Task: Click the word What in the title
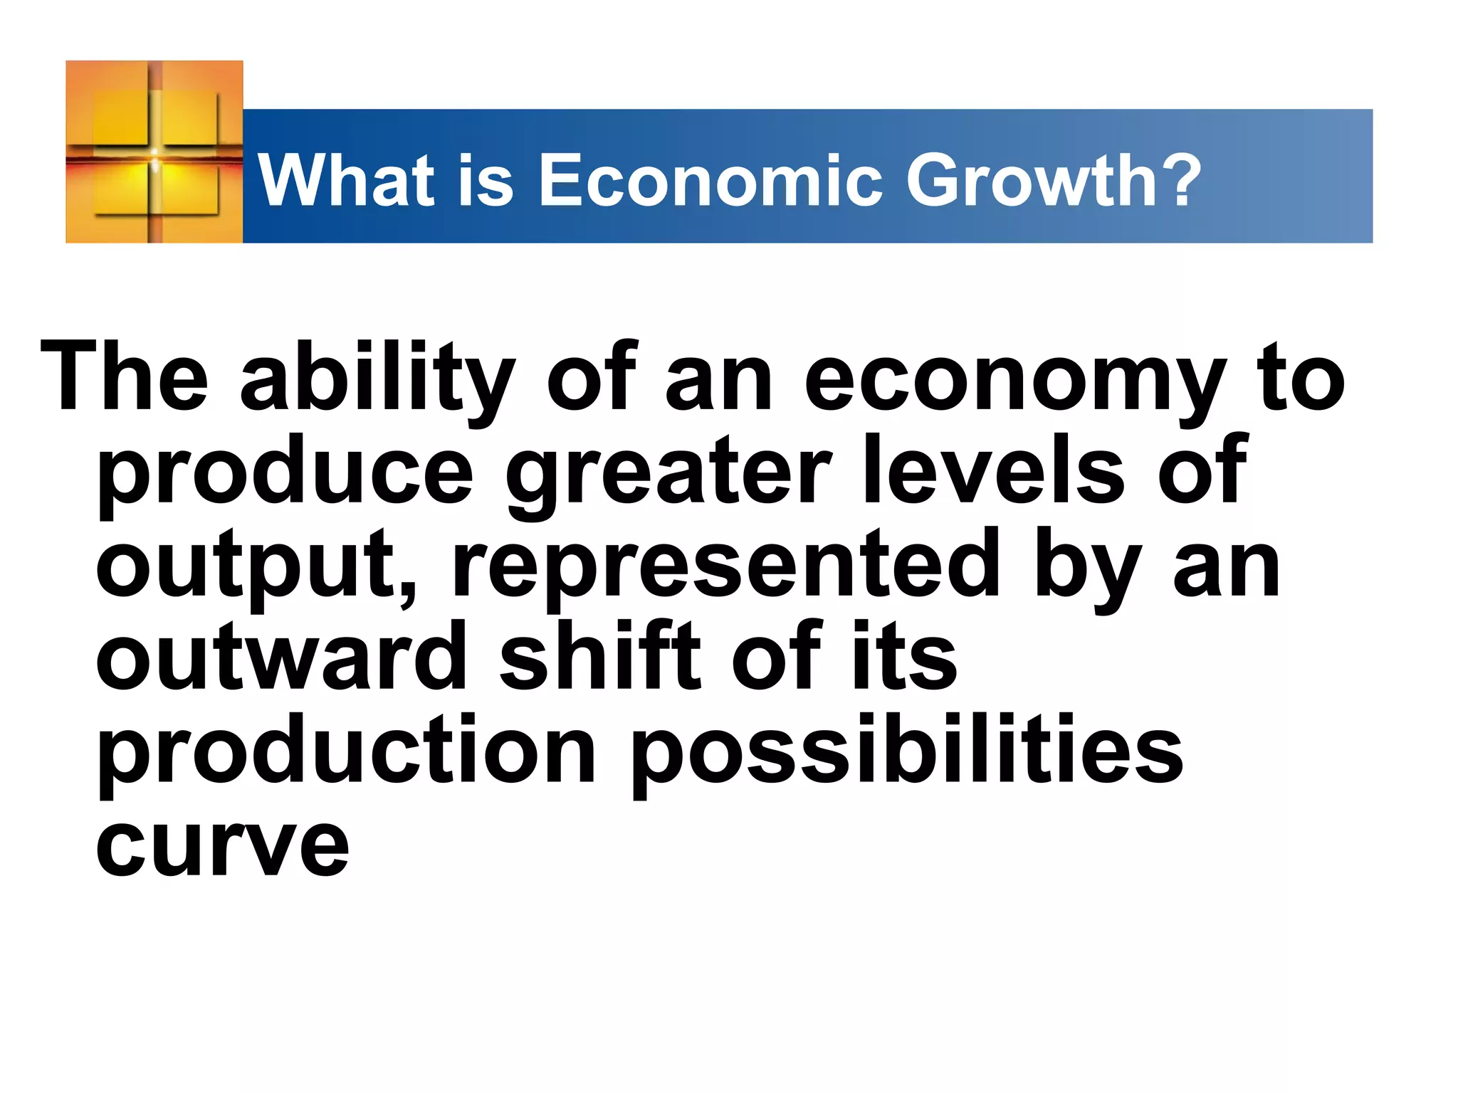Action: pyautogui.click(x=346, y=181)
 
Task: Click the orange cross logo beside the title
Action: pyautogui.click(x=154, y=152)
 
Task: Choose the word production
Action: pyautogui.click(x=346, y=751)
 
